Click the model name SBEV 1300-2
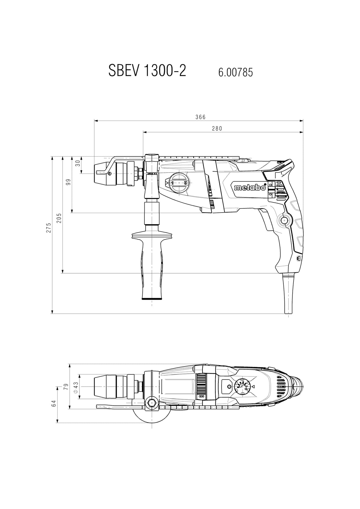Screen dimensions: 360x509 [x=147, y=71]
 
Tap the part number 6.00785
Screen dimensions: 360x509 [x=236, y=72]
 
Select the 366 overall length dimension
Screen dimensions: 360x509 [x=200, y=117]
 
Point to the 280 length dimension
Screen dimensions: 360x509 [x=217, y=128]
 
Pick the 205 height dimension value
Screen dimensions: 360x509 [x=59, y=218]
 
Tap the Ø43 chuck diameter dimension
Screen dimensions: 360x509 [x=75, y=387]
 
